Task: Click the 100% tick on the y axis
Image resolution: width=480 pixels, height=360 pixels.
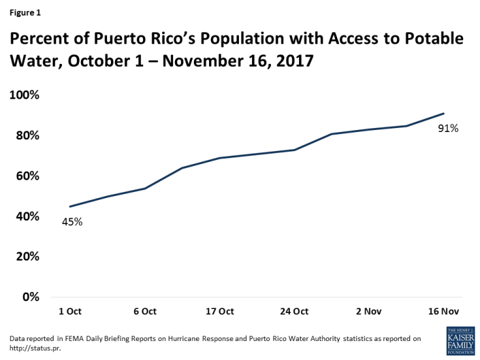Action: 24,95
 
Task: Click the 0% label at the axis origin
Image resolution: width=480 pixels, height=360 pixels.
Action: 30,297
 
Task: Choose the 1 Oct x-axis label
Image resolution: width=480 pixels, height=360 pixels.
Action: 71,311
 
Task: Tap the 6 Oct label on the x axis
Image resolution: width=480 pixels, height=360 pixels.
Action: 145,311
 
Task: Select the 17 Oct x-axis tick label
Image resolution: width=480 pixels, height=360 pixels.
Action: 219,311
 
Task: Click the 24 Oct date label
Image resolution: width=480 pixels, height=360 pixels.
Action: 295,311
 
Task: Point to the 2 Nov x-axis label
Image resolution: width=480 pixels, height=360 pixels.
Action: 369,311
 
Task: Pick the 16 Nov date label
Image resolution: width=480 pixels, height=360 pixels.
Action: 443,311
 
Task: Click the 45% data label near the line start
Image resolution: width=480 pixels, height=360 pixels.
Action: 72,221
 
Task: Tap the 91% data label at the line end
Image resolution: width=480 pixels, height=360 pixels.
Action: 448,129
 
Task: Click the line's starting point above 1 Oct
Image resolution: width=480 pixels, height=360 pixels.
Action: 70,206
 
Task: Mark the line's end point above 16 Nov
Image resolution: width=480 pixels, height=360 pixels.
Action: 444,114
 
